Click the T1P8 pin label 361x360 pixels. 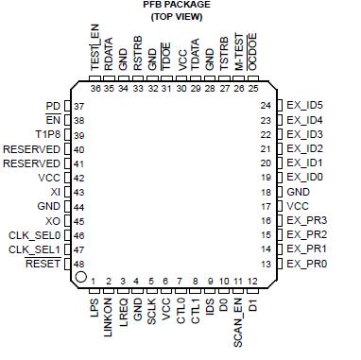(x=46, y=135)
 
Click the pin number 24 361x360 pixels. (x=266, y=105)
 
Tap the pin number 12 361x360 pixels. (x=252, y=282)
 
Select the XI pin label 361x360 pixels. (x=55, y=191)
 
